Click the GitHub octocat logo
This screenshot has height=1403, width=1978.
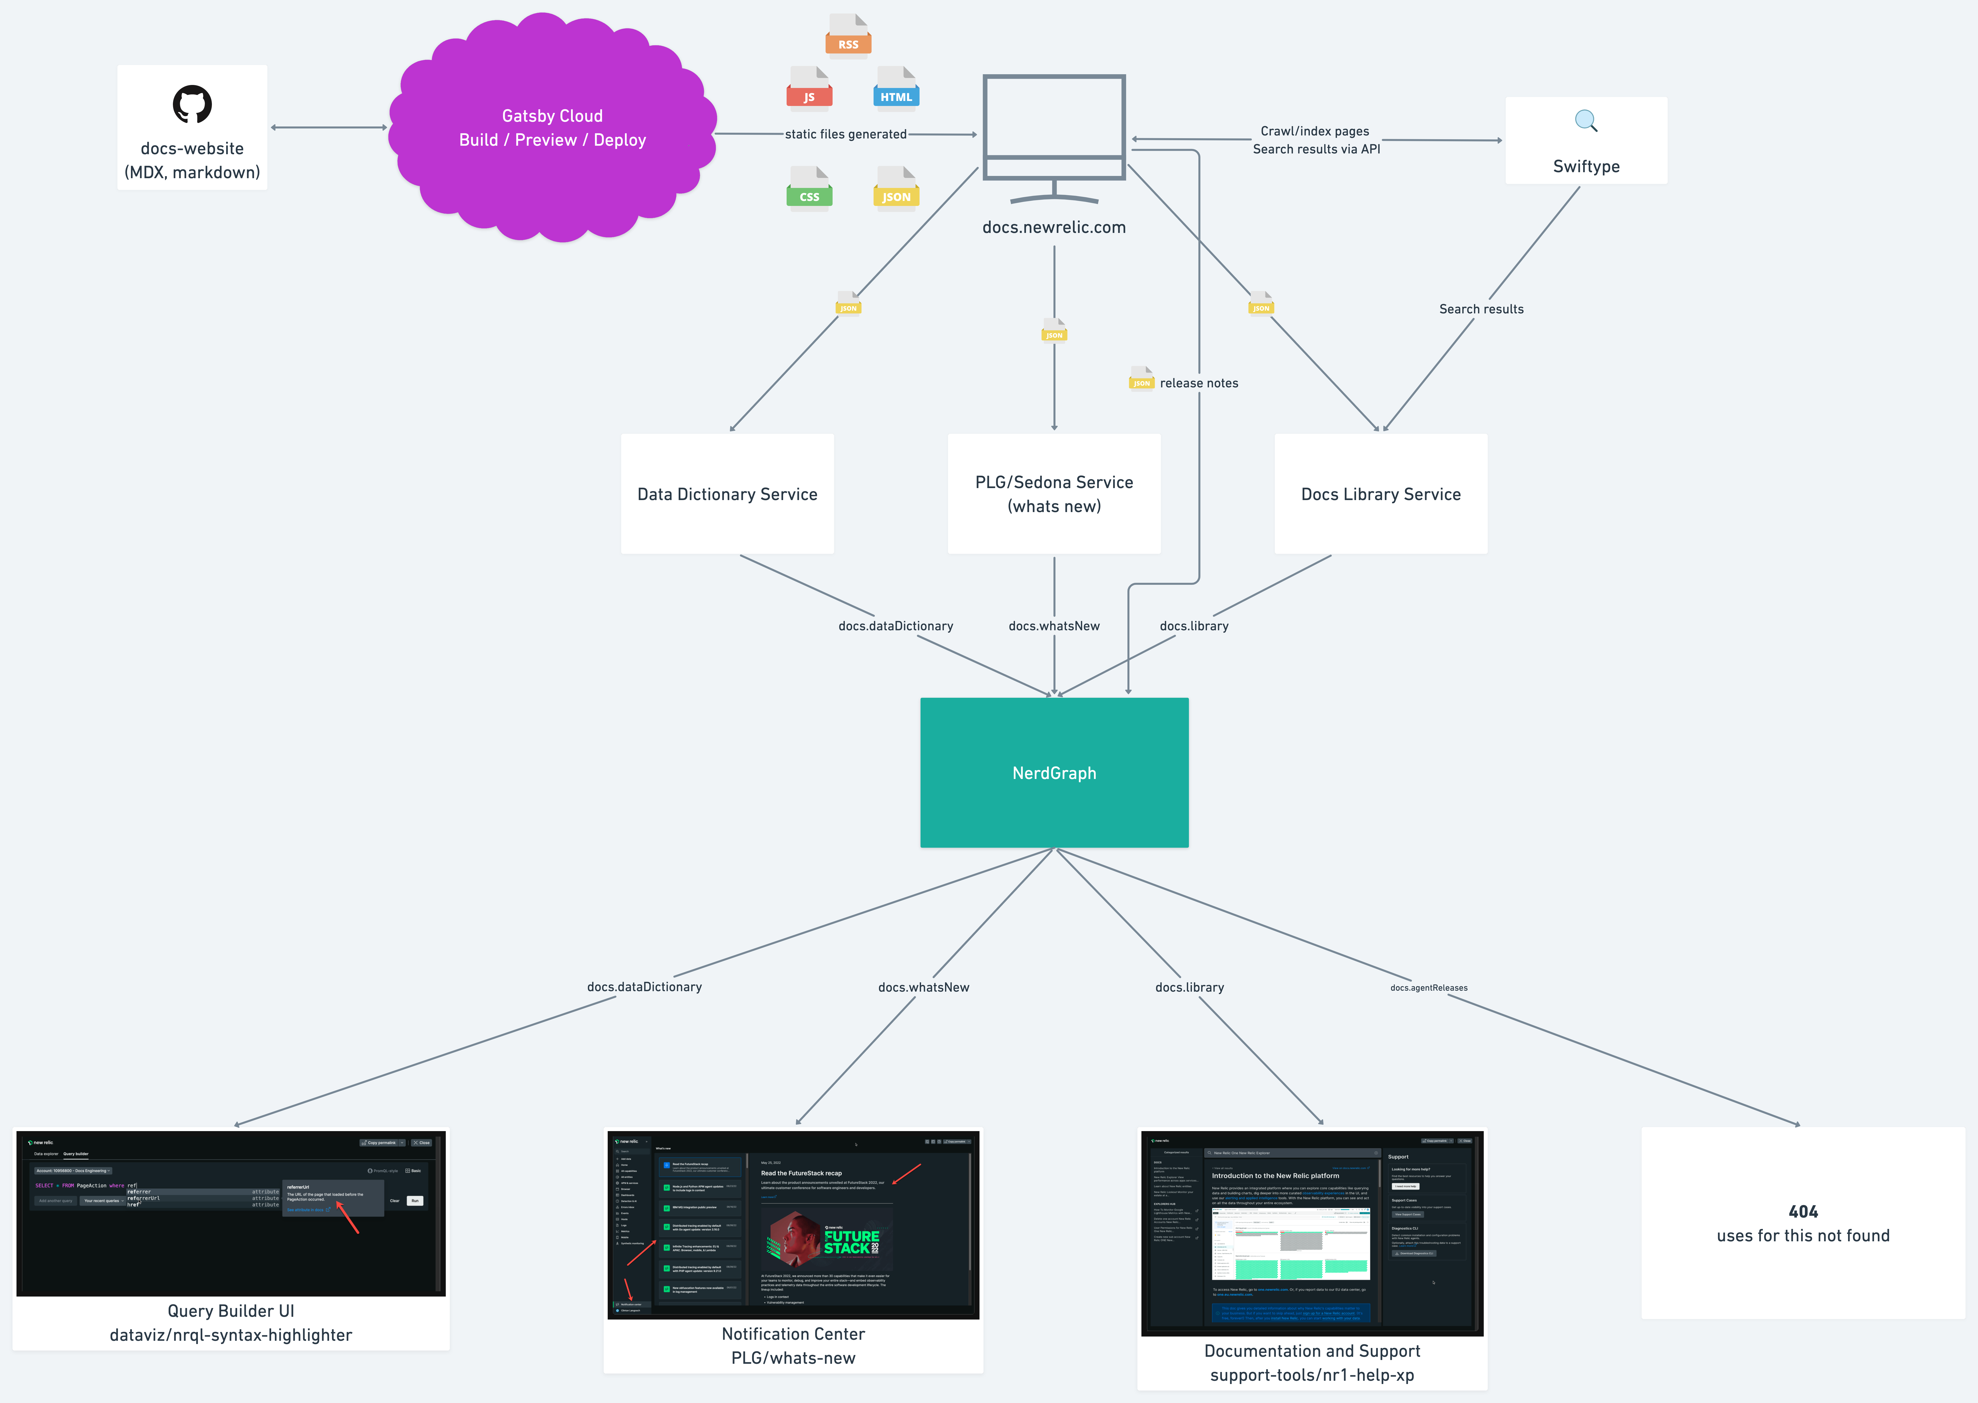pos(192,104)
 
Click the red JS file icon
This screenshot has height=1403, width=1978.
pos(809,88)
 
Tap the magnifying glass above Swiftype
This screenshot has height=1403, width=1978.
pos(1586,121)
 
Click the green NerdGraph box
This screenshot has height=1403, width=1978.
pos(1054,772)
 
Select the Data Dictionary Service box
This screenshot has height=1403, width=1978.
pos(727,494)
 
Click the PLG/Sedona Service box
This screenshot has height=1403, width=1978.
pos(1054,494)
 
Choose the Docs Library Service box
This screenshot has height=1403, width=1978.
pos(1380,494)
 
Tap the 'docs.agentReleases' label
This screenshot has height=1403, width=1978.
pos(1429,987)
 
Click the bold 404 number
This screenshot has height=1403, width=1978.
pos(1803,1211)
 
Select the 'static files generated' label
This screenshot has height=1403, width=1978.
pos(846,134)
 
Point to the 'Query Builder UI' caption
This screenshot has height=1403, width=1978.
pos(231,1311)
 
